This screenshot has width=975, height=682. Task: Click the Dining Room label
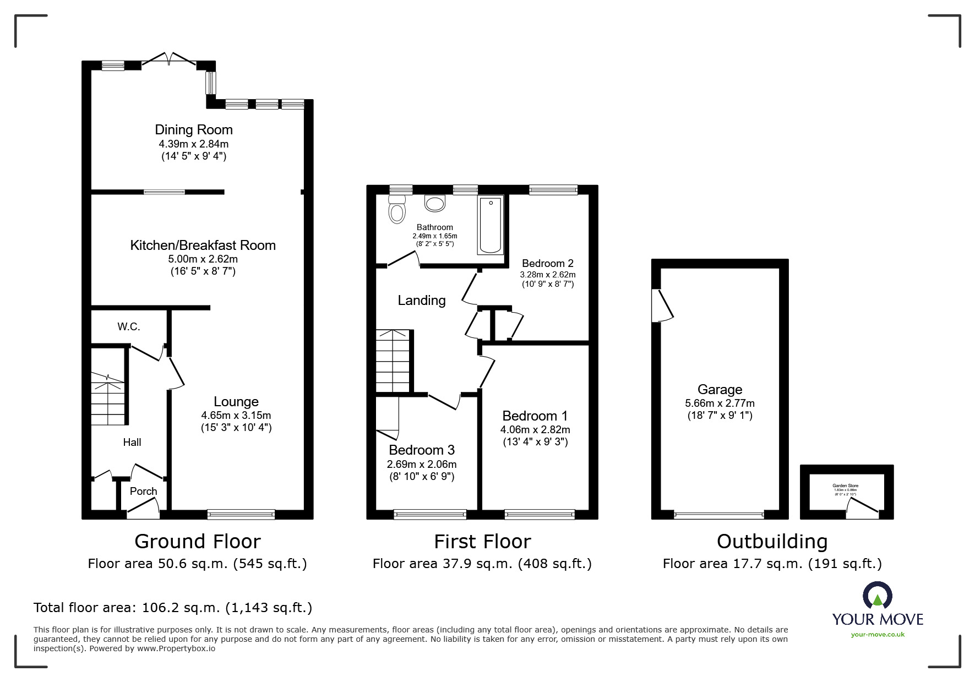(194, 130)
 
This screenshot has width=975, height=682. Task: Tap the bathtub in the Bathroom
(490, 225)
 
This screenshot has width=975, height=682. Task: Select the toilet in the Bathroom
(396, 210)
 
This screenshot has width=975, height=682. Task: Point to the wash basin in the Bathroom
(434, 204)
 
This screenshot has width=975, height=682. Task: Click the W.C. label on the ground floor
(128, 327)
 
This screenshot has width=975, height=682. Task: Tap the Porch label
(143, 491)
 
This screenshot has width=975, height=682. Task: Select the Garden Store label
(845, 486)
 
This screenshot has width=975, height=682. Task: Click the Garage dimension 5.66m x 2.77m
(720, 403)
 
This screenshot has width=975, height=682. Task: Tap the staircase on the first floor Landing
(393, 361)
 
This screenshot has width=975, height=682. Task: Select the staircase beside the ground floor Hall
(108, 399)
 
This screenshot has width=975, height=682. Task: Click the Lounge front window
(241, 515)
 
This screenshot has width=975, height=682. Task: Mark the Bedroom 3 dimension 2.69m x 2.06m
(422, 464)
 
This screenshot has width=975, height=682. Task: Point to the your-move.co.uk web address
(878, 635)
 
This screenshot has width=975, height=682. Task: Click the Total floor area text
(173, 608)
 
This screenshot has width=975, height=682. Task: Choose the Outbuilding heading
(772, 542)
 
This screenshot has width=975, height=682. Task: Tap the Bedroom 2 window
(553, 190)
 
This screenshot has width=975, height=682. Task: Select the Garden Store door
(862, 509)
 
